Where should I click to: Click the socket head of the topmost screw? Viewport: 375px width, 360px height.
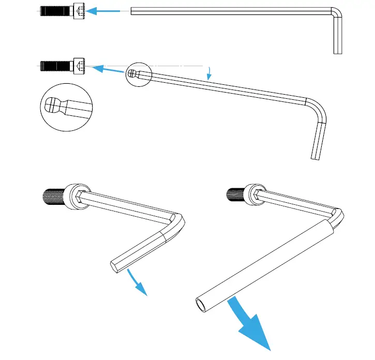(x=80, y=10)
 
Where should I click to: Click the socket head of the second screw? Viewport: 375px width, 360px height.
(x=79, y=66)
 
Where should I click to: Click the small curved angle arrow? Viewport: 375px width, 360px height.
(x=208, y=73)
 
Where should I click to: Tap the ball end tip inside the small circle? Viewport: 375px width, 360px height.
(x=132, y=74)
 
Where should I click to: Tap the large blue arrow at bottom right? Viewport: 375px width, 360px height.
(x=253, y=323)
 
